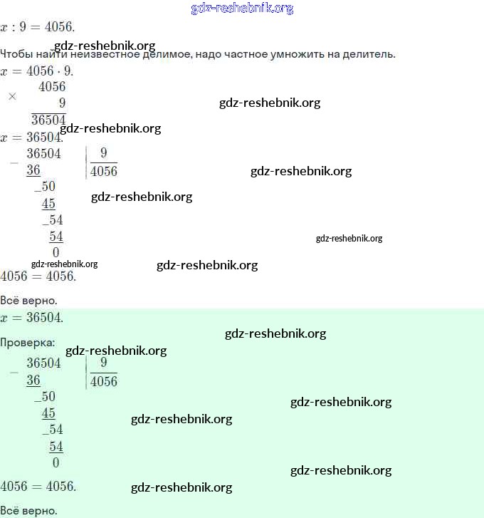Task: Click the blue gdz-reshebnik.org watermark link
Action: pos(242,8)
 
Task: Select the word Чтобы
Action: pos(16,53)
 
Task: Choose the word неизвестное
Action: pos(105,54)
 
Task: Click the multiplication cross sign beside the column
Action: pos(12,96)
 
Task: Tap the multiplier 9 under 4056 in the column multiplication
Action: pos(62,103)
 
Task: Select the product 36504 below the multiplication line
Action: pos(48,120)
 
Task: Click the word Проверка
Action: pos(27,343)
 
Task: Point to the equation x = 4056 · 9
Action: pos(36,71)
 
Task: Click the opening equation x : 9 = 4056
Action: pos(37,27)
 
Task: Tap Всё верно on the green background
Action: pos(28,510)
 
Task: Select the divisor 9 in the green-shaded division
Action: pos(104,363)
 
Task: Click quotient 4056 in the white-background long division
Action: pos(104,171)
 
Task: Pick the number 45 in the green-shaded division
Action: pos(48,413)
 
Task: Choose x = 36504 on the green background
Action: pos(31,318)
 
